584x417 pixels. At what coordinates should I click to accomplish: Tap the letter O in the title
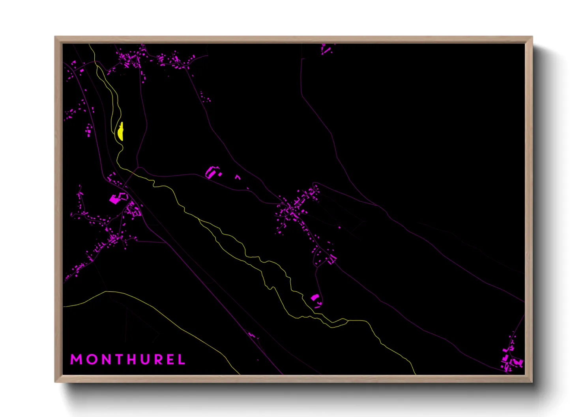click(x=92, y=359)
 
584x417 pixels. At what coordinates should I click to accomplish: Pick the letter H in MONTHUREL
click(x=132, y=359)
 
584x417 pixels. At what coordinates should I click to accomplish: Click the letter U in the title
click(x=146, y=359)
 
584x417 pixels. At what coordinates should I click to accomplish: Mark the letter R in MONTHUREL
click(x=159, y=359)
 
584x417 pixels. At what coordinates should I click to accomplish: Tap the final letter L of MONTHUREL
click(x=182, y=359)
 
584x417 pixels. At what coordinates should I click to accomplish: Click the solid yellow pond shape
click(x=120, y=132)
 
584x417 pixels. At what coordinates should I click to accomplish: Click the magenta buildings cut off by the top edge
click(x=326, y=49)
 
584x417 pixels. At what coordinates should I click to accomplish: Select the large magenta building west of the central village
click(x=212, y=172)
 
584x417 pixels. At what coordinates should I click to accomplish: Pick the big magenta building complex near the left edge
click(x=117, y=198)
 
